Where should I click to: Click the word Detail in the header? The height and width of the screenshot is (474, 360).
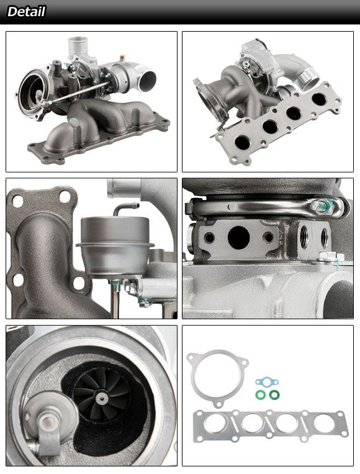(26, 12)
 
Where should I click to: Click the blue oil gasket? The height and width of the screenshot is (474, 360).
(267, 383)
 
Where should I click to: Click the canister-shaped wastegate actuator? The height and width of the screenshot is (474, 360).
(114, 245)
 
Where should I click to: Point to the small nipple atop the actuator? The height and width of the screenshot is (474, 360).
(126, 209)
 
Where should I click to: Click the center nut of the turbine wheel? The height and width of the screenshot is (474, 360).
(101, 398)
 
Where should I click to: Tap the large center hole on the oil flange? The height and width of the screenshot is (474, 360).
(238, 237)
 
